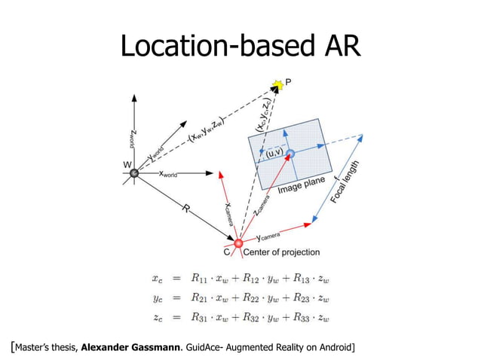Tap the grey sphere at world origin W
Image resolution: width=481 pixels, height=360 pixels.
[x=133, y=173]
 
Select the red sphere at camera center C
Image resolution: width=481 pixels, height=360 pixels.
[x=238, y=243]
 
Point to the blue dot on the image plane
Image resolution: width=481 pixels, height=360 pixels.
[x=290, y=153]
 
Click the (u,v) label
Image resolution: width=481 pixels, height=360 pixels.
[x=273, y=154]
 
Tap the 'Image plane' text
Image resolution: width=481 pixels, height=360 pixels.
[x=301, y=185]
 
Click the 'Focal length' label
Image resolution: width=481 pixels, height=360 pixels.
[x=345, y=182]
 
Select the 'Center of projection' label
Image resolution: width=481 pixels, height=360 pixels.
[x=280, y=252]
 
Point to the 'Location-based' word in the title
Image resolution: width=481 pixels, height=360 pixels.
[x=213, y=47]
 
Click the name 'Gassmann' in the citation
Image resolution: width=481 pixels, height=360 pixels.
[x=158, y=347]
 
